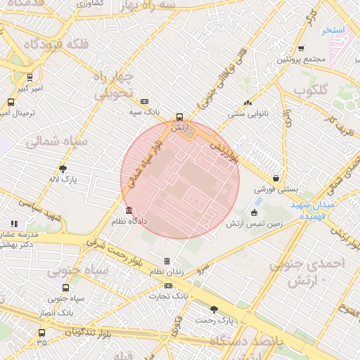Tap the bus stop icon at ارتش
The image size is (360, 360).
[179, 117]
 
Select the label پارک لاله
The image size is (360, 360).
[63, 179]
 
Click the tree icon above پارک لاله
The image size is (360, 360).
[63, 169]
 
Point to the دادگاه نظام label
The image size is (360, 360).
[128, 221]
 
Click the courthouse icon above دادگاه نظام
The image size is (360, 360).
[128, 210]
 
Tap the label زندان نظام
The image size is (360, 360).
[167, 271]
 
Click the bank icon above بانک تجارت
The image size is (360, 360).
[168, 285]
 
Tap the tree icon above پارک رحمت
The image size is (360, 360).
[214, 309]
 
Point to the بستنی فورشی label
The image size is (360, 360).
[276, 189]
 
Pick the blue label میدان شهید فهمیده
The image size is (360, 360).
[313, 211]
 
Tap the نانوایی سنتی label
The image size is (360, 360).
[246, 112]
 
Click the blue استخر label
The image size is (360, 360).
[330, 30]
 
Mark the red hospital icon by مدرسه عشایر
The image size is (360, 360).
[15, 223]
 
